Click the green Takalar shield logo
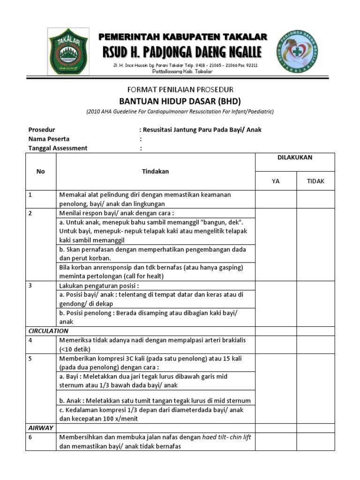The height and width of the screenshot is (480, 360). point(68,52)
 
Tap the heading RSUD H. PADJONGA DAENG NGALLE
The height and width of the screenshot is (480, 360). point(183,51)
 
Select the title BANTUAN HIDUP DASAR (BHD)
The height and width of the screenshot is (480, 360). point(180,101)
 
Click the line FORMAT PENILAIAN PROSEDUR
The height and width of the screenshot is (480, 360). point(180,89)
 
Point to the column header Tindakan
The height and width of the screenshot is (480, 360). point(155,172)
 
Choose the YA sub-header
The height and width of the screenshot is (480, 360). point(276,181)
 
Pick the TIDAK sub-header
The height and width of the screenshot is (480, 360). point(315,181)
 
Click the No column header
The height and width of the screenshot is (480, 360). point(41,172)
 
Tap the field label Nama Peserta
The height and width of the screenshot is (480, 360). point(49,139)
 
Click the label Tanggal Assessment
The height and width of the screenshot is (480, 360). point(58,148)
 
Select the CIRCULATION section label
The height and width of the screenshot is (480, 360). point(49,331)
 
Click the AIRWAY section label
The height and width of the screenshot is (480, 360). point(41,428)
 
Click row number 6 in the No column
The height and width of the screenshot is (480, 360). point(30,437)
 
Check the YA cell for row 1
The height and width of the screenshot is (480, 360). point(276,199)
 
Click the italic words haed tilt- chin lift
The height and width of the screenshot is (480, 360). point(227,437)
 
